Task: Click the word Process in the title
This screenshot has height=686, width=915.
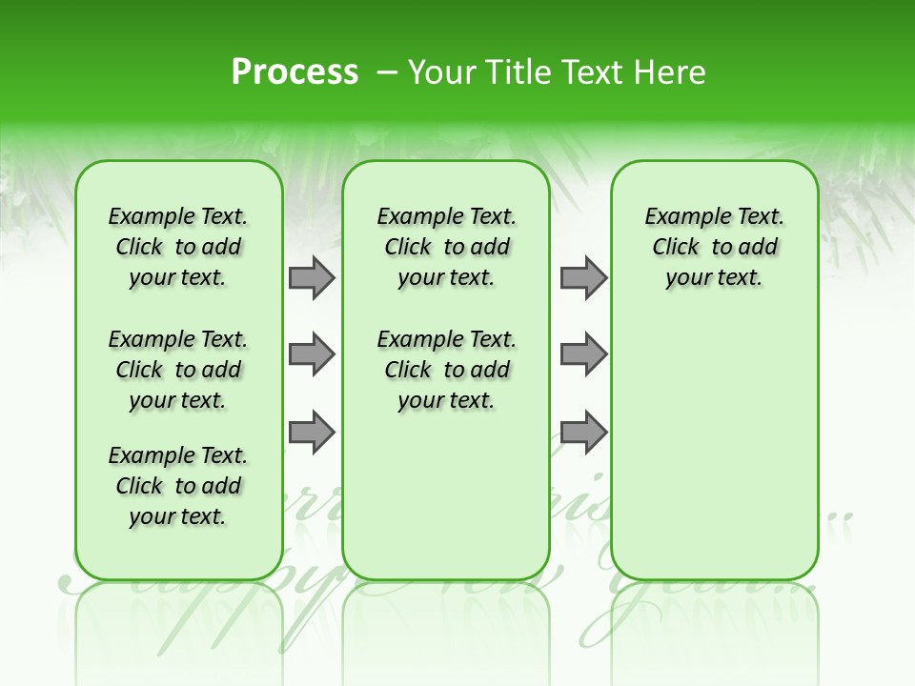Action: tap(295, 72)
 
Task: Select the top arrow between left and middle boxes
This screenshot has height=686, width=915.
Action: tap(312, 278)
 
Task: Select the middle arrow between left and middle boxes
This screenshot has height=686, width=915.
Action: tap(312, 355)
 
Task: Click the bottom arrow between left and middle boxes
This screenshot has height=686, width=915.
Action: tap(312, 433)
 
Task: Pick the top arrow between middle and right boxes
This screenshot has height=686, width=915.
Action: tap(583, 278)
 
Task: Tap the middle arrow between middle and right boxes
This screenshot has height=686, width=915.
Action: tap(583, 355)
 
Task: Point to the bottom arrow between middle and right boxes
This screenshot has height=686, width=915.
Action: tap(583, 433)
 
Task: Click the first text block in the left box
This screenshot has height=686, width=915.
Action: tap(178, 247)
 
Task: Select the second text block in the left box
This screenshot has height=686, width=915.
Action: tap(178, 370)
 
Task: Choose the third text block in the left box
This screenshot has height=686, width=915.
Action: tap(178, 486)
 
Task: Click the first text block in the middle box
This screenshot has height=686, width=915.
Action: tap(447, 247)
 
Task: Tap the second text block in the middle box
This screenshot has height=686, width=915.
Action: tap(447, 370)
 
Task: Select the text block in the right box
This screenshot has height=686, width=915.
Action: tap(715, 247)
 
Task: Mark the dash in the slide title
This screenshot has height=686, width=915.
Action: tap(388, 72)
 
